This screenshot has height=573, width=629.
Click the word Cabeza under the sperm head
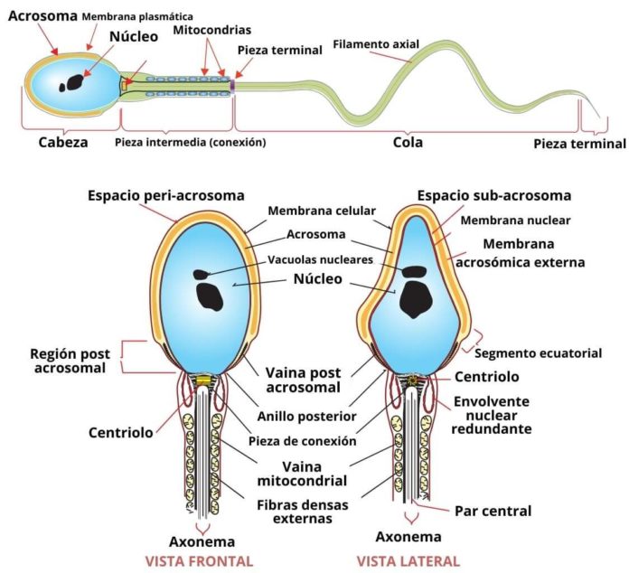click(x=63, y=142)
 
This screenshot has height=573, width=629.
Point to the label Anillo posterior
click(x=305, y=417)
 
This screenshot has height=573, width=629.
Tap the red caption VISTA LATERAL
click(x=408, y=560)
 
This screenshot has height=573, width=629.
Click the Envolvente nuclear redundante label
click(x=493, y=416)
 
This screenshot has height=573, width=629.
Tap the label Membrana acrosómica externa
click(x=533, y=253)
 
